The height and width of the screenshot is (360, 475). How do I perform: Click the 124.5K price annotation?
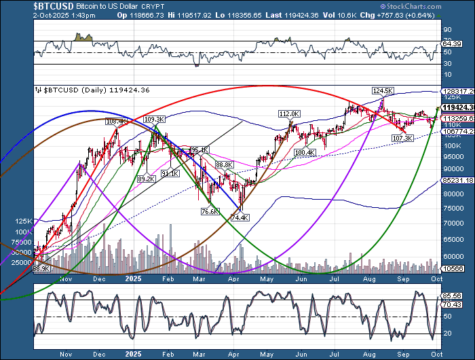(382, 90)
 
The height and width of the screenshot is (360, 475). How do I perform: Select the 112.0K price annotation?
(288, 113)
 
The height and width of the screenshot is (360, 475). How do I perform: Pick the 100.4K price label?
(306, 153)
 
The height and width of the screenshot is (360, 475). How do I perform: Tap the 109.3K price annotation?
(154, 119)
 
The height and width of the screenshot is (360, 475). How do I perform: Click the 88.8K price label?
(225, 165)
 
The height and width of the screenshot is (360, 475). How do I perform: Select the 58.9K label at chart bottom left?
(42, 270)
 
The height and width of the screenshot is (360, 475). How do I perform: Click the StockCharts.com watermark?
(441, 5)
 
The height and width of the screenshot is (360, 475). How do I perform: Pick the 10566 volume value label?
(451, 269)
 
